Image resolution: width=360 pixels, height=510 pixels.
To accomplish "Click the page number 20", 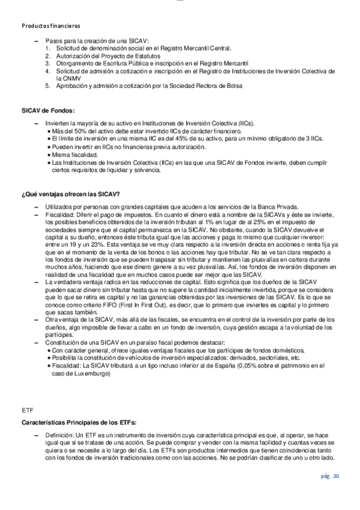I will (331, 476).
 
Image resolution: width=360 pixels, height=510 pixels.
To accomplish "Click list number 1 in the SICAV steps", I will (47, 48).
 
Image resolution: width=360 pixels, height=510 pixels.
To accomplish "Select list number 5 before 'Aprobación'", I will (47, 85).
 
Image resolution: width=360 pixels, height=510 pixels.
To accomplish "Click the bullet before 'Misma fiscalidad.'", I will (49, 155).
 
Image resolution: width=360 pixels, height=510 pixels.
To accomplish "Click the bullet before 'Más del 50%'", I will (49, 131).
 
